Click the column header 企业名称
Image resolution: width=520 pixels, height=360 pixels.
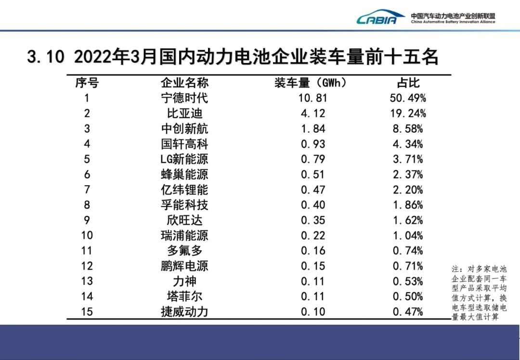pyautogui.click(x=184, y=83)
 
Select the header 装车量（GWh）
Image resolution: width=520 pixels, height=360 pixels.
pyautogui.click(x=311, y=83)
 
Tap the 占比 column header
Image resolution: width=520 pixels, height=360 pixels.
pyautogui.click(x=408, y=83)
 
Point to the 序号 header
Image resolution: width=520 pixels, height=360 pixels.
pyautogui.click(x=87, y=83)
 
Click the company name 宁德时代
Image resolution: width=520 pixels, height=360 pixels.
pyautogui.click(x=184, y=98)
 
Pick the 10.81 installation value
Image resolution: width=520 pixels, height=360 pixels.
pyautogui.click(x=313, y=98)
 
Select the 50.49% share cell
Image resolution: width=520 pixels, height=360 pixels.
pyautogui.click(x=408, y=98)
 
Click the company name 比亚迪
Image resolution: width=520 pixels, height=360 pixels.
pyautogui.click(x=184, y=114)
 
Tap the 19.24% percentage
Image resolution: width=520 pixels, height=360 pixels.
pyautogui.click(x=408, y=114)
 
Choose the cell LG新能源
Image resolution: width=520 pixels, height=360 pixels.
pyautogui.click(x=184, y=159)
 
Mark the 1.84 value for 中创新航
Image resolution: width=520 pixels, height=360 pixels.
pyautogui.click(x=313, y=129)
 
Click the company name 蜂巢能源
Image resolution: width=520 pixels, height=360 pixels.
pyautogui.click(x=184, y=174)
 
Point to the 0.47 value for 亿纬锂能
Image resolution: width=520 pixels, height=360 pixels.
pyautogui.click(x=313, y=190)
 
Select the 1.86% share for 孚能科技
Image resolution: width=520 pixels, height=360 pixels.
pyautogui.click(x=408, y=205)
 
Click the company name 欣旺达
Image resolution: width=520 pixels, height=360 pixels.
pyautogui.click(x=184, y=220)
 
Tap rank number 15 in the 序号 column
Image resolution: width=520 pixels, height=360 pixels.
pyautogui.click(x=87, y=312)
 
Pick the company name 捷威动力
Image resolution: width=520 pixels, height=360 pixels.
pyautogui.click(x=184, y=312)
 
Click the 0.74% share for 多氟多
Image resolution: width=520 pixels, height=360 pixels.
pyautogui.click(x=408, y=251)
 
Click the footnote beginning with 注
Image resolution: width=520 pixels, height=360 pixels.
pyautogui.click(x=479, y=293)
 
